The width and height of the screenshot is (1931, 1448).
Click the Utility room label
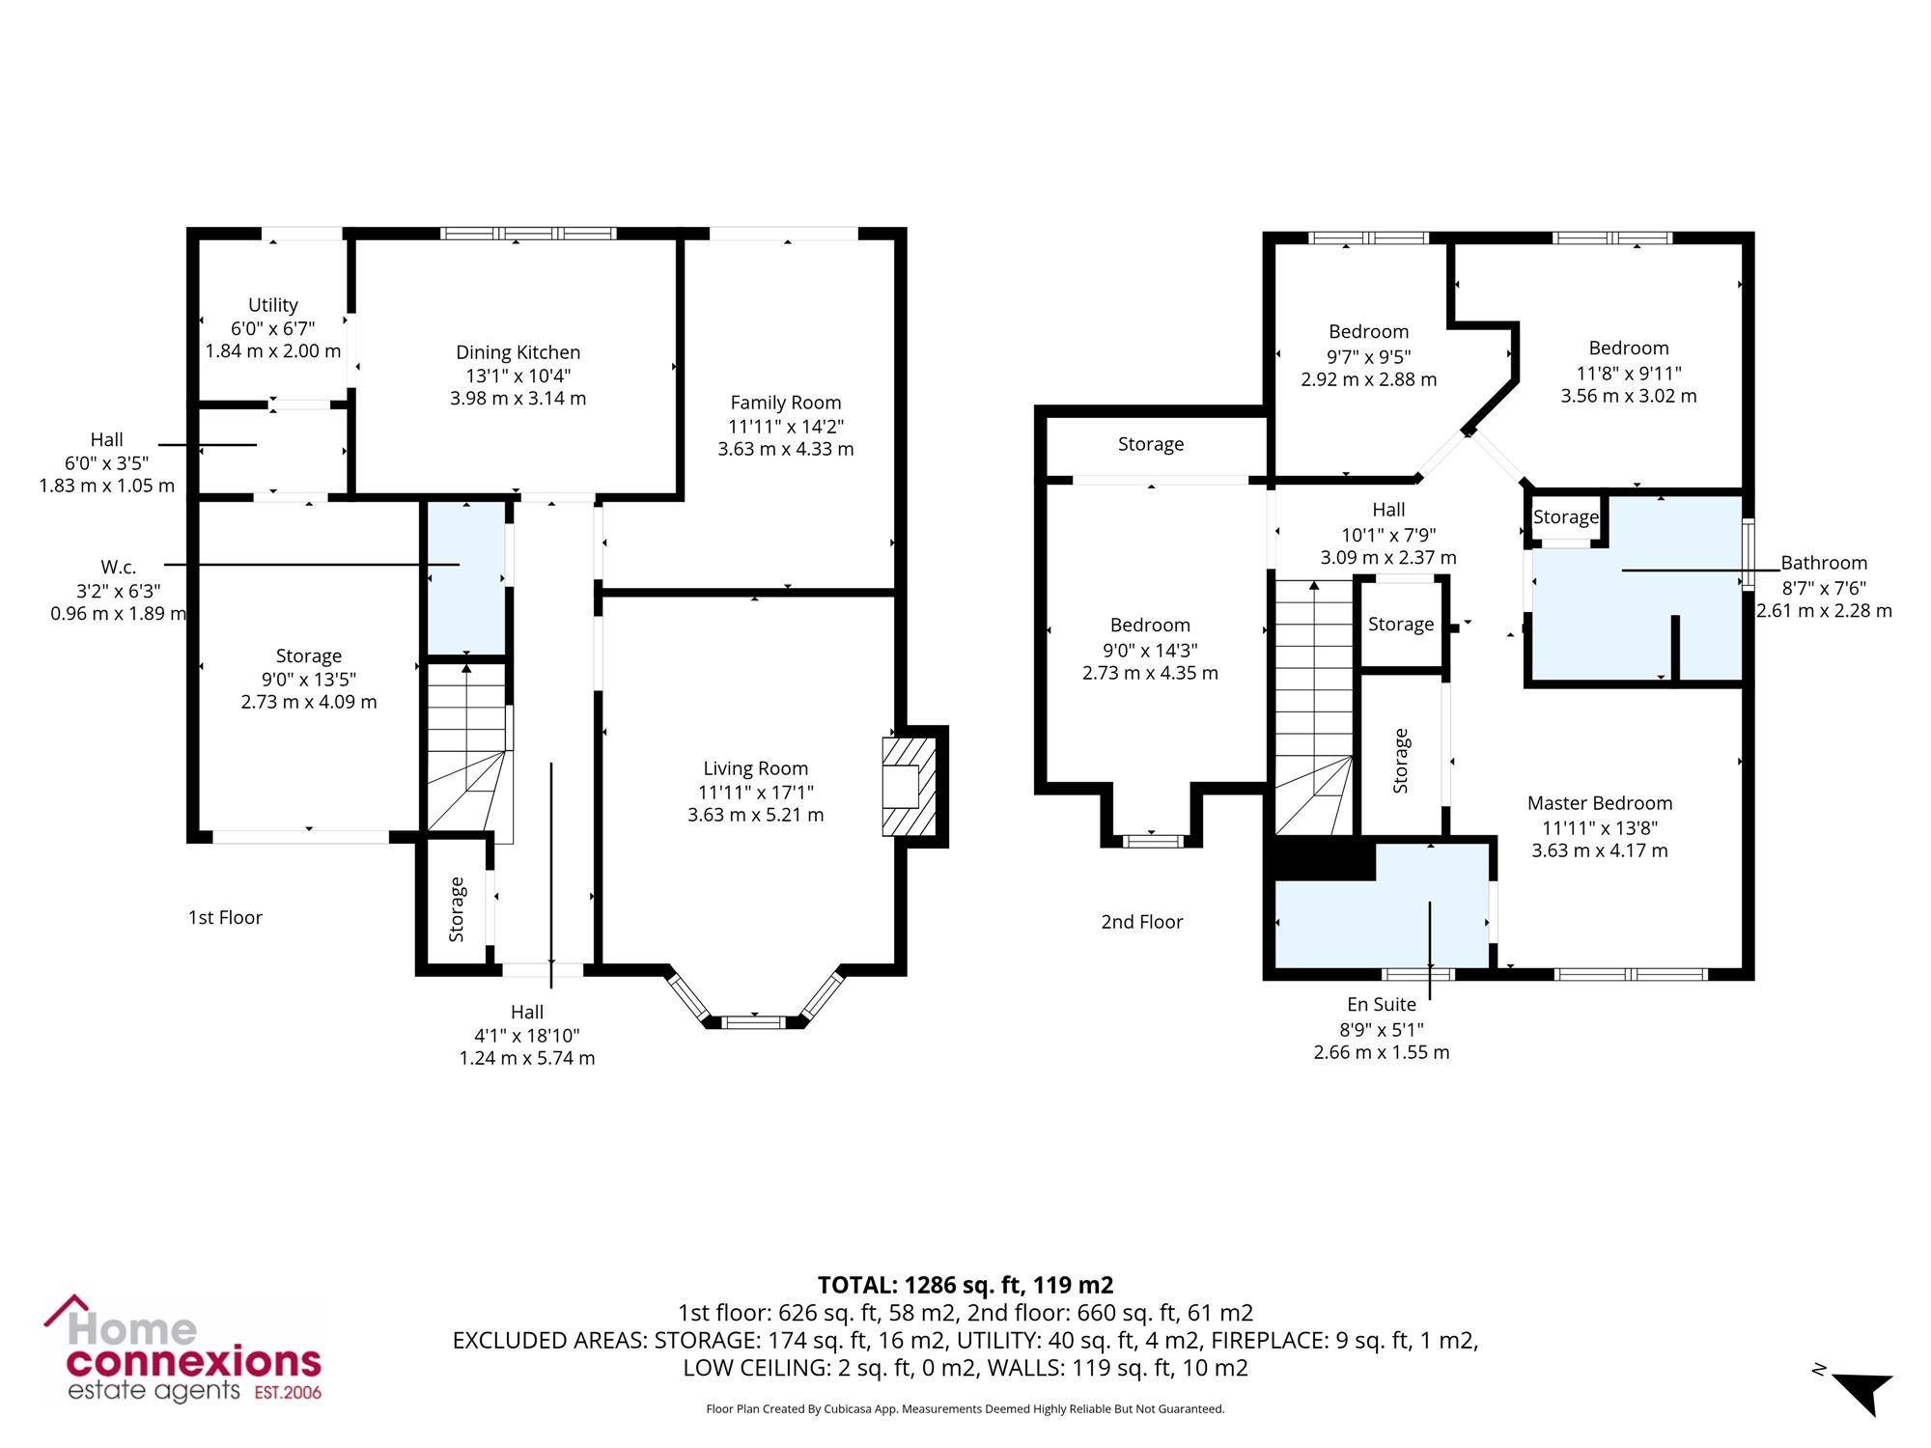[x=273, y=305]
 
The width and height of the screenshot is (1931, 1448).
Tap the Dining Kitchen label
[x=518, y=352]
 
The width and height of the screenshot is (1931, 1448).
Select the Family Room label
[x=786, y=403]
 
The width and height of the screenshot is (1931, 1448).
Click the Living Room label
[x=755, y=768]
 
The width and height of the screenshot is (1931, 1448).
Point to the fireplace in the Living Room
[x=909, y=787]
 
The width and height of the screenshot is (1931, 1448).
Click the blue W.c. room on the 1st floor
[x=467, y=577]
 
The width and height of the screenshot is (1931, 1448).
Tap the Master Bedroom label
[x=1600, y=803]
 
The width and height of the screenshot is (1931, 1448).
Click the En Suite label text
[x=1382, y=1005]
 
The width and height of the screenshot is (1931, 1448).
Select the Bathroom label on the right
[x=1824, y=563]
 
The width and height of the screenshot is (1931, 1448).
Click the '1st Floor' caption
[x=225, y=917]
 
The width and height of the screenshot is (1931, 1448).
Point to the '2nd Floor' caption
[x=1142, y=922]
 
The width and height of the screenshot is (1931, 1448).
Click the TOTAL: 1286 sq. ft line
[x=965, y=1285]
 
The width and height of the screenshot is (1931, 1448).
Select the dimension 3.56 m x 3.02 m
[x=1629, y=396]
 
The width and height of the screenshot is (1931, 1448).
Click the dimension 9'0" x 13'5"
[x=309, y=680]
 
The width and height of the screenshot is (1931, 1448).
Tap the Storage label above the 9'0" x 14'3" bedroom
[x=1151, y=444]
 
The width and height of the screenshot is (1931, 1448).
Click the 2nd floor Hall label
[x=1388, y=510]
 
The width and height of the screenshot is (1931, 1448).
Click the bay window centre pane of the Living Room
[x=754, y=1020]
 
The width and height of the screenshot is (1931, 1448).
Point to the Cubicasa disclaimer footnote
[x=965, y=1409]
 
